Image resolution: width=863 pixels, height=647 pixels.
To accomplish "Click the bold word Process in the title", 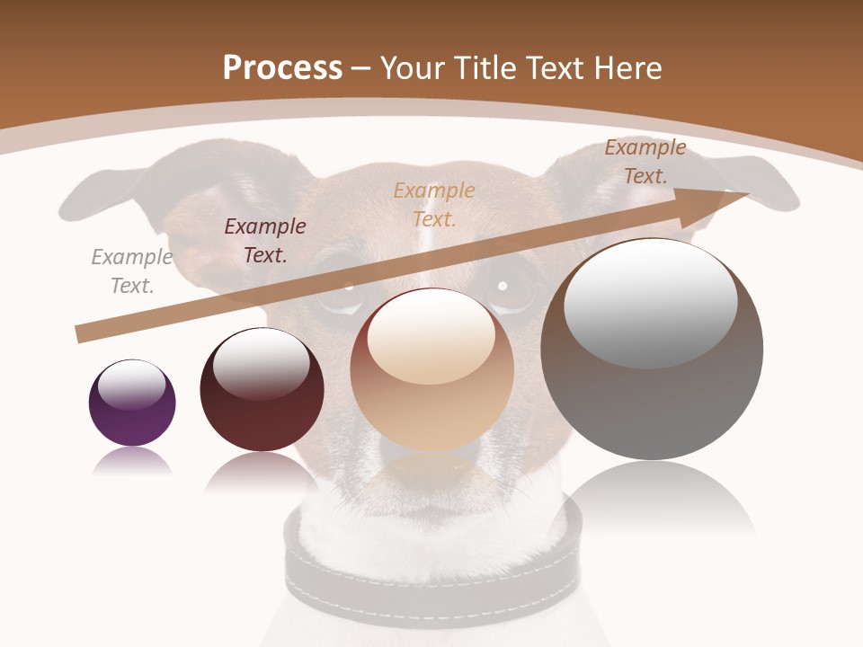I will [x=281, y=68].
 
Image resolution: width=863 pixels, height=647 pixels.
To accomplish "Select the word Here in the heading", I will [x=627, y=68].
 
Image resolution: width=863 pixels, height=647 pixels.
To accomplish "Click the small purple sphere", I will [x=132, y=403].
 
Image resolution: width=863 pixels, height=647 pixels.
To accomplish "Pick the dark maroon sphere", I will [x=262, y=389].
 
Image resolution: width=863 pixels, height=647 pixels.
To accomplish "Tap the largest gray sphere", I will [x=652, y=350].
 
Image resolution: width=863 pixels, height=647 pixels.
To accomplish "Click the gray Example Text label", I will [x=132, y=271].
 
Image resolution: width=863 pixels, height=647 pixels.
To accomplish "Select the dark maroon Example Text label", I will [x=265, y=241].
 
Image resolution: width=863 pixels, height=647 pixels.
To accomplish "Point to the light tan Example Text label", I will [x=434, y=204].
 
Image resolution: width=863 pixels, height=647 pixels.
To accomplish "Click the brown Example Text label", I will [x=645, y=162].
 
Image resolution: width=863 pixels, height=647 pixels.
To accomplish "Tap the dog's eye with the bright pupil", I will [x=503, y=287].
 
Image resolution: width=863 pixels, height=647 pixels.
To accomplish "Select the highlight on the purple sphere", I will [x=132, y=386].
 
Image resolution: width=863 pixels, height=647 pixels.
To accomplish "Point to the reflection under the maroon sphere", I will [x=262, y=472].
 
